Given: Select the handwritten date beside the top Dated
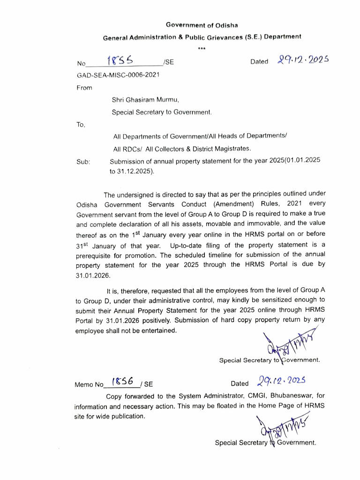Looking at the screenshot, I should [303, 60].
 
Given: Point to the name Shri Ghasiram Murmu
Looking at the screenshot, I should [145, 99].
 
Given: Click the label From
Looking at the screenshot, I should [84, 88].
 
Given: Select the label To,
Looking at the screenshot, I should [81, 124].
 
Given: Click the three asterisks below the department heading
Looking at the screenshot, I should [202, 48].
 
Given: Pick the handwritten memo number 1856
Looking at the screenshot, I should [122, 382].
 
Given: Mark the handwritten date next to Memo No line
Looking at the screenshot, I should [282, 381].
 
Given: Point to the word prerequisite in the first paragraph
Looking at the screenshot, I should [97, 256].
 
